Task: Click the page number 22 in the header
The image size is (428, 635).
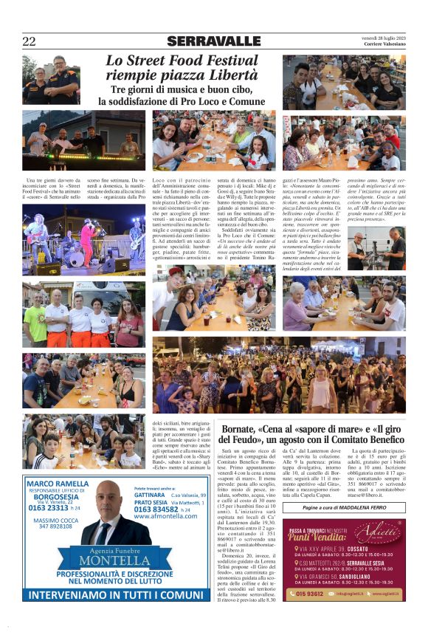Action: (29, 41)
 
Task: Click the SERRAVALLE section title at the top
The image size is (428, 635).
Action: (213, 41)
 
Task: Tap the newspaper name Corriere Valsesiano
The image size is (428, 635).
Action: (383, 45)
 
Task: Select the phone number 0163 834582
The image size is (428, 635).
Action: (157, 509)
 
